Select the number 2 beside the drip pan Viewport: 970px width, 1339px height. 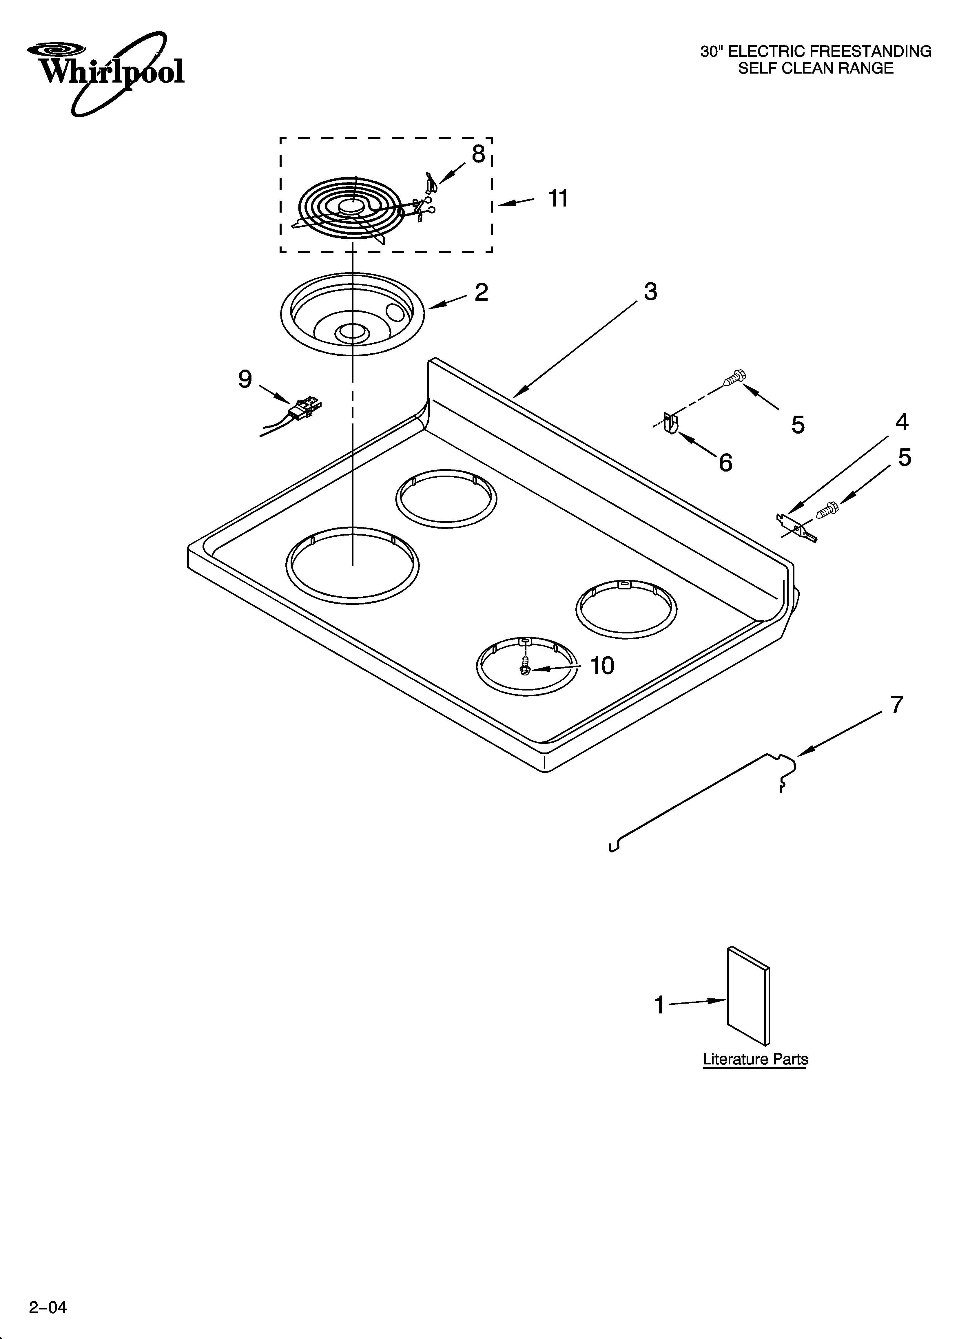coord(482,292)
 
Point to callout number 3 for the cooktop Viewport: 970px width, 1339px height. coord(650,292)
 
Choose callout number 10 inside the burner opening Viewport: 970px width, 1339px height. coord(603,666)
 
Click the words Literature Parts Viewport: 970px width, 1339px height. coord(755,1059)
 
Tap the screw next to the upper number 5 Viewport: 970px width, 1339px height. coord(734,376)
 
